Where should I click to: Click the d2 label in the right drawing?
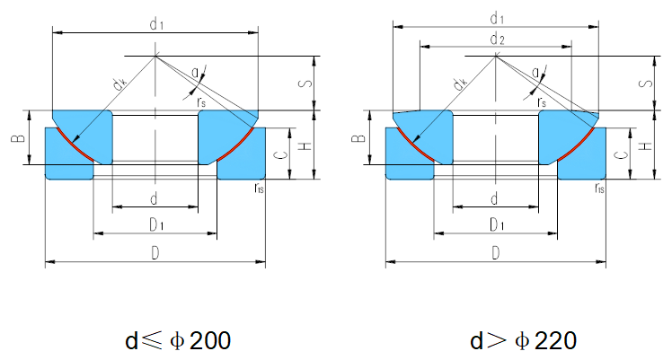495,39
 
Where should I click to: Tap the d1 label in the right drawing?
495,17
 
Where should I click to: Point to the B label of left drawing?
15,139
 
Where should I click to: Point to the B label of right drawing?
356,139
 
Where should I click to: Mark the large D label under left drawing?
155,254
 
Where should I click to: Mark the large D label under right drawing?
496,254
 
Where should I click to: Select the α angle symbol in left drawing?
196,73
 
